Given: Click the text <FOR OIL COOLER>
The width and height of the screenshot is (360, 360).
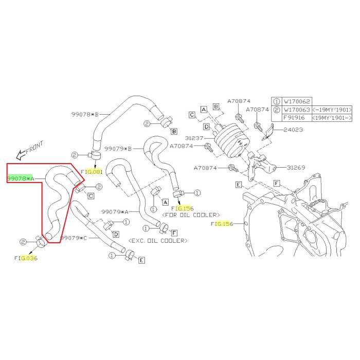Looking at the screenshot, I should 191,214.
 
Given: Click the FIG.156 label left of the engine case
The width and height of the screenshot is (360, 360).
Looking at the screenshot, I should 222,224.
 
